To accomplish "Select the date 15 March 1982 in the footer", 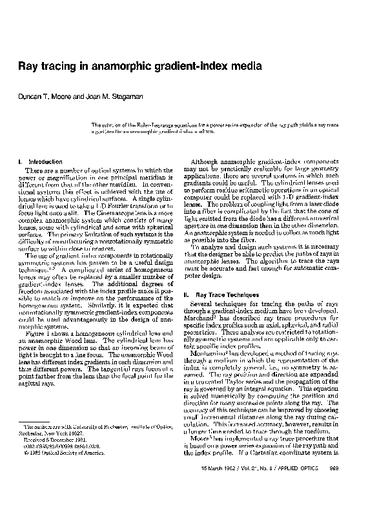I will (x=220, y=486).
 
